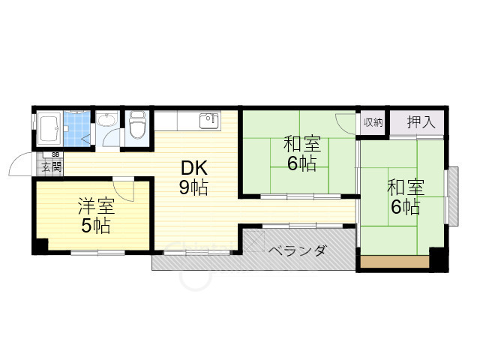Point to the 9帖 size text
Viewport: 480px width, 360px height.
point(193,188)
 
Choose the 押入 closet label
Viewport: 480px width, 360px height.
point(421,122)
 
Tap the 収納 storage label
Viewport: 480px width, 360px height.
point(373,122)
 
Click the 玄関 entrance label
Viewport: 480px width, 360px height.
point(51,166)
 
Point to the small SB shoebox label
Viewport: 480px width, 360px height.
point(55,154)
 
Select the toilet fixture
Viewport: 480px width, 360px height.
point(137,126)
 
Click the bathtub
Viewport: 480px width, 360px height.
point(50,130)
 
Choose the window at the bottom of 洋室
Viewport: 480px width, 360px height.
point(97,253)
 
